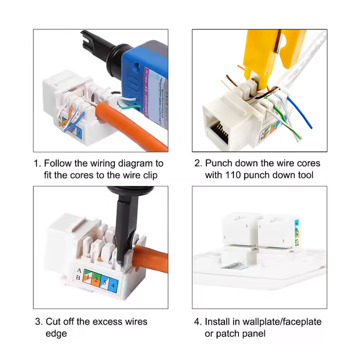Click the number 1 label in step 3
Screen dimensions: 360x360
(87, 278)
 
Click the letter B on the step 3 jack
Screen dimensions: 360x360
(78, 278)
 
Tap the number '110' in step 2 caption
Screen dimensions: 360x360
(234, 175)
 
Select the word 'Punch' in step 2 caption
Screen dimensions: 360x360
(218, 163)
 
